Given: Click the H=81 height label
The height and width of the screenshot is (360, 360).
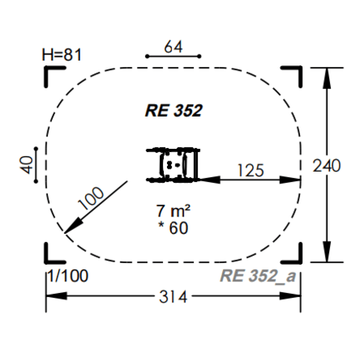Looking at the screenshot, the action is click(61, 55).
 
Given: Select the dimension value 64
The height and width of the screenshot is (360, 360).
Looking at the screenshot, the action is click(173, 47).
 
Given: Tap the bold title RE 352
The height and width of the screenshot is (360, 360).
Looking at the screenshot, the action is click(173, 110).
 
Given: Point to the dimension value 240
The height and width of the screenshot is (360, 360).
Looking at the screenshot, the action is click(327, 165).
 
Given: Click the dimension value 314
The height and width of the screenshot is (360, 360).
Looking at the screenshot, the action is click(173, 297).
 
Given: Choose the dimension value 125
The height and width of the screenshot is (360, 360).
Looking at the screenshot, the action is click(251, 170).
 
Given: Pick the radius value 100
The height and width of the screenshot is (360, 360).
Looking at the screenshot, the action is click(91, 199).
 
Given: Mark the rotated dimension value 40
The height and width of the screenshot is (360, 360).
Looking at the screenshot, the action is click(27, 165).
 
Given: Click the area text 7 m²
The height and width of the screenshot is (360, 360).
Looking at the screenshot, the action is click(173, 211).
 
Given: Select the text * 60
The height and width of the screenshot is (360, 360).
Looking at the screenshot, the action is click(173, 228).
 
